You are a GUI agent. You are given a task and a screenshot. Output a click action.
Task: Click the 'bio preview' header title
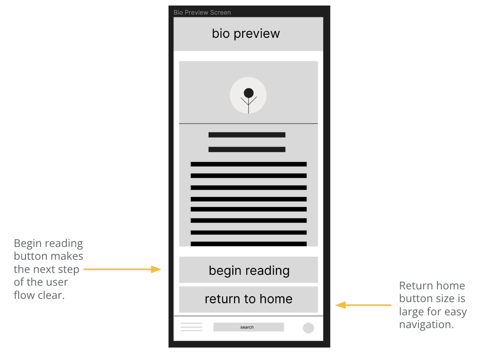[246, 34]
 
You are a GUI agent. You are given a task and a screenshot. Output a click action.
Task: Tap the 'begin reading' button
[249, 270]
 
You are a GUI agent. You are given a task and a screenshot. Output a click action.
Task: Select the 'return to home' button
[249, 299]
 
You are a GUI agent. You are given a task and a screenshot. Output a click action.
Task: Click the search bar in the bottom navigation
[248, 327]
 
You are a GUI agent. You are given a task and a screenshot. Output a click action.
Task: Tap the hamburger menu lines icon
[191, 327]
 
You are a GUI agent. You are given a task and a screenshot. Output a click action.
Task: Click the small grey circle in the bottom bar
[308, 328]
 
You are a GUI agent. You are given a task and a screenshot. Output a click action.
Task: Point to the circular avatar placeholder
[248, 95]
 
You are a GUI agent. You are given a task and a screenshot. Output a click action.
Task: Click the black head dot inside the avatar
[249, 93]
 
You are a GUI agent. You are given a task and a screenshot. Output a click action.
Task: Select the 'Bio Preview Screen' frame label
[202, 12]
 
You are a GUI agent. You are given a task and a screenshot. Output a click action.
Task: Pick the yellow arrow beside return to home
[363, 305]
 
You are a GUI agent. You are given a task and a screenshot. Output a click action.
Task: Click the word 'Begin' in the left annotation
[29, 243]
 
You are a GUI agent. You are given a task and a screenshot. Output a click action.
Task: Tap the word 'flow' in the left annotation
[24, 295]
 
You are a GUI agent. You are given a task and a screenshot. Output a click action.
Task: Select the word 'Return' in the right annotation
[414, 286]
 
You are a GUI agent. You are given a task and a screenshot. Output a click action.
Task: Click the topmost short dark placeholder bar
[247, 135]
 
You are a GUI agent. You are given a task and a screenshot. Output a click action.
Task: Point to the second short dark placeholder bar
[247, 149]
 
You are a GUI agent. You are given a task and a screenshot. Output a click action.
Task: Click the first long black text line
[249, 164]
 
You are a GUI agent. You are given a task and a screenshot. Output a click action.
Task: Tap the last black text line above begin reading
[249, 244]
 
